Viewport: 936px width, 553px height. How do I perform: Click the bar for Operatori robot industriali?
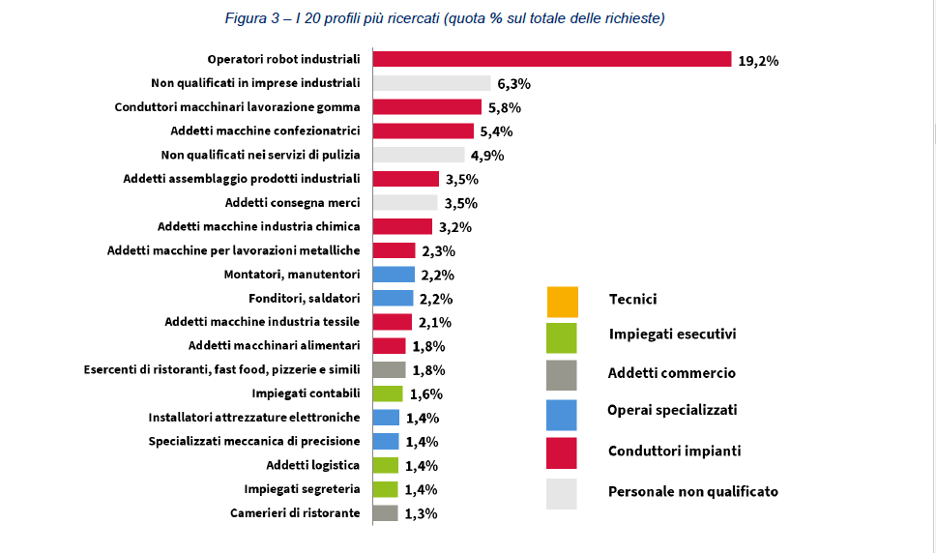coord(551,59)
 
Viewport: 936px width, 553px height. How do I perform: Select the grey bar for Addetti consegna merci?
coord(405,203)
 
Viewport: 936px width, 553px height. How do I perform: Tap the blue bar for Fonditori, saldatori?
coord(393,299)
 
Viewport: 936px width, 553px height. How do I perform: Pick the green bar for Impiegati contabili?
coord(387,393)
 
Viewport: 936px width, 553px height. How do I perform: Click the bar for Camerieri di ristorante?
coord(385,513)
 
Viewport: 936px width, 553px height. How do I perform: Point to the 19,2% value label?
coord(758,60)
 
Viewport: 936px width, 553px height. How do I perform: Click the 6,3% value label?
coord(515,84)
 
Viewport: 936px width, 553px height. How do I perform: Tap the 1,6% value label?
coord(425,394)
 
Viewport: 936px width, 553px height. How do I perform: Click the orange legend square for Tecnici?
coord(562,301)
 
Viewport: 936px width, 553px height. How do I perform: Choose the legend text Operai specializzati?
coord(672,410)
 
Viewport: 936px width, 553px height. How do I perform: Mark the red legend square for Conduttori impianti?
coord(562,451)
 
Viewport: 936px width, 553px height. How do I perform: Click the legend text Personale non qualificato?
coord(692,492)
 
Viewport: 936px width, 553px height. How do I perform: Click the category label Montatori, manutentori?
coord(292,275)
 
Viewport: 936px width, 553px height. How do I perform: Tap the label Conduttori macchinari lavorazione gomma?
coord(237,107)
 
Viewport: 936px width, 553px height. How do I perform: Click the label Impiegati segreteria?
coord(302,489)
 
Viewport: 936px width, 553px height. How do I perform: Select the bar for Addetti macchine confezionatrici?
coord(423,131)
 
